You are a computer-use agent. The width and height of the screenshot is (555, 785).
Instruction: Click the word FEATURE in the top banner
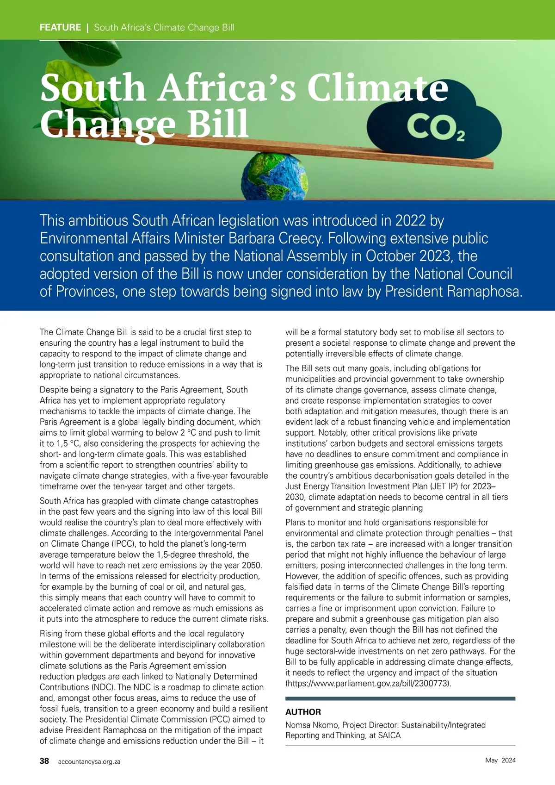60,27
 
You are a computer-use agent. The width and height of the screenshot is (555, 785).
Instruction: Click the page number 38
44,761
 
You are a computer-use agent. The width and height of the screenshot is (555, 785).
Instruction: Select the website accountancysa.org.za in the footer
89,761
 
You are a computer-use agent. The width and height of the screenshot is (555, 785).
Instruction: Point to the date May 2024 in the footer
500,760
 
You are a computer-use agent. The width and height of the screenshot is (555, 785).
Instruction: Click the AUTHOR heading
303,712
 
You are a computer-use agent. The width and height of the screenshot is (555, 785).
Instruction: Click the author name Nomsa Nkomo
311,725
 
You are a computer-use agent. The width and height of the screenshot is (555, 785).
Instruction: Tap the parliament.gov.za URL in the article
368,683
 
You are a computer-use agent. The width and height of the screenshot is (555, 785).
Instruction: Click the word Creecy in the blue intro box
301,238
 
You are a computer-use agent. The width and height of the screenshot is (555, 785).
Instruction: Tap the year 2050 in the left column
251,565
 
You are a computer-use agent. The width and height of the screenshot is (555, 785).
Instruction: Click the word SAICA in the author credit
389,735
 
